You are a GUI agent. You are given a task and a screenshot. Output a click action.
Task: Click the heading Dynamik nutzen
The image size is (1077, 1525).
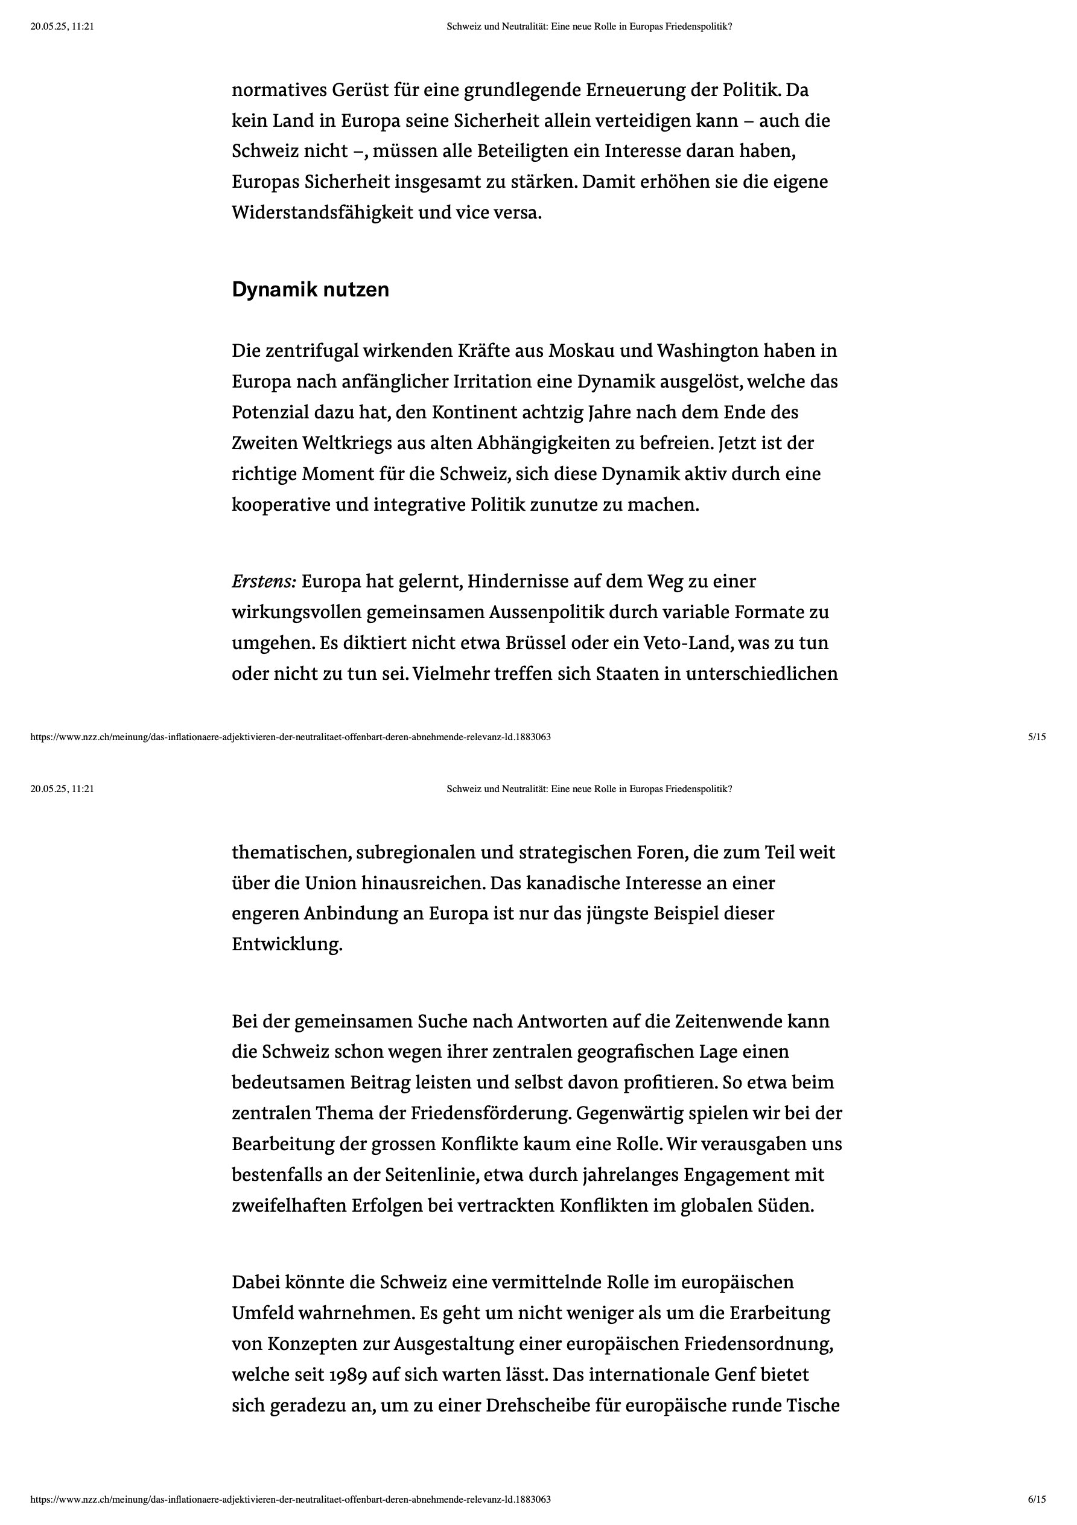pos(310,290)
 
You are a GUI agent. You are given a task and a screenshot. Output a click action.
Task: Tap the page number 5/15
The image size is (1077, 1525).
pos(1037,737)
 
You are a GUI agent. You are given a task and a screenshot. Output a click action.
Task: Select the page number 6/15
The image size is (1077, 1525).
pos(1037,1499)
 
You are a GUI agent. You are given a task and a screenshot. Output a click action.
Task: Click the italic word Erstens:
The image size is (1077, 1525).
pos(264,582)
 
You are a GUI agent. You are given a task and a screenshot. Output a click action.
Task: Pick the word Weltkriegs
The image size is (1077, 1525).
pos(346,443)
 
